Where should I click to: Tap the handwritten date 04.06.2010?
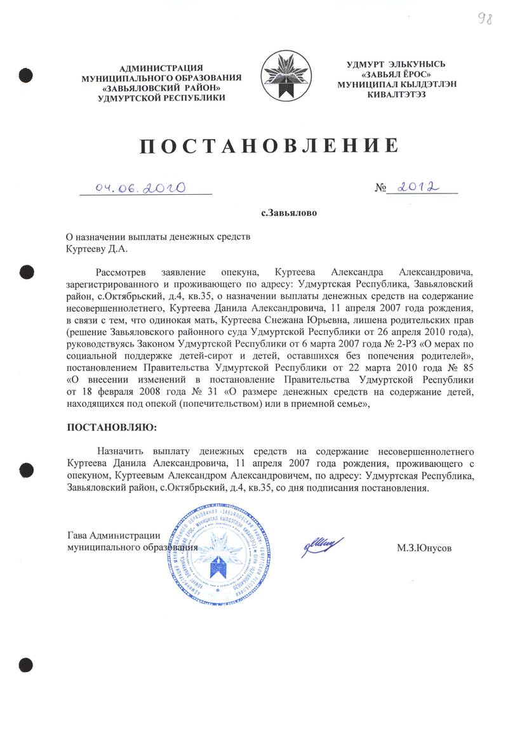point(140,188)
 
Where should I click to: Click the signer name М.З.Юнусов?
point(424,547)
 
